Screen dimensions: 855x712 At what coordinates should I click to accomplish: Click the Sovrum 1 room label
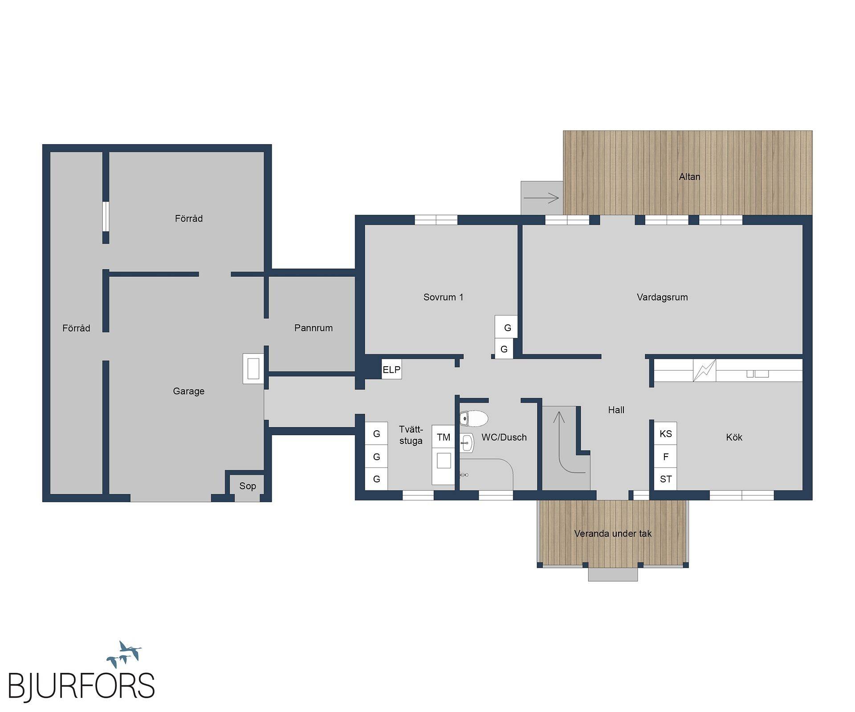coord(443,297)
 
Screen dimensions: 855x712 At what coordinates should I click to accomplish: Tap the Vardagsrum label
coord(662,297)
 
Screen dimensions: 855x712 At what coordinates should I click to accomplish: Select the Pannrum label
coord(313,328)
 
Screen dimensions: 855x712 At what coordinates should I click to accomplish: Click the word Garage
coord(189,391)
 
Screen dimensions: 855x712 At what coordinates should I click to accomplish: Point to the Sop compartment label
coord(248,486)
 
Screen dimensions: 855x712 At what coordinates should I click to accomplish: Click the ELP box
coord(392,369)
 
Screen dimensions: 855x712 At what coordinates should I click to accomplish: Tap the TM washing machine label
coord(444,437)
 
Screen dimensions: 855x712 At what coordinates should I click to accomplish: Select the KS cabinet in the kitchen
coord(666,433)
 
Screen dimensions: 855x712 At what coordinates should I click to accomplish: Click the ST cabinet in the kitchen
coord(666,479)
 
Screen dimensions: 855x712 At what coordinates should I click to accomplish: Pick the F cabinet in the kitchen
coord(666,457)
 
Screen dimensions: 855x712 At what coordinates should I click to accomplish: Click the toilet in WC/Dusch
coord(474,418)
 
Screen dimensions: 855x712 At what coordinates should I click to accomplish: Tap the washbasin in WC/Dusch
coord(467,443)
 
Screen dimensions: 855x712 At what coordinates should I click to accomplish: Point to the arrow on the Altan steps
coord(541,198)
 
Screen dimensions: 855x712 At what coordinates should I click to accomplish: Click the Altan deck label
coord(689,177)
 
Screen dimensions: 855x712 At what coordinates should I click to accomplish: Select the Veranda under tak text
coord(613,534)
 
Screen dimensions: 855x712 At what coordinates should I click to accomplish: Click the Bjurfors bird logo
coord(124,655)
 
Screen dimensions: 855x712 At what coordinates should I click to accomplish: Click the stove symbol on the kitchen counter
coord(704,370)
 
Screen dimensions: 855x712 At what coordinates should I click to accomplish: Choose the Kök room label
coord(734,437)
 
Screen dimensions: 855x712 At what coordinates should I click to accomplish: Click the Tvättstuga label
coord(411,435)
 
